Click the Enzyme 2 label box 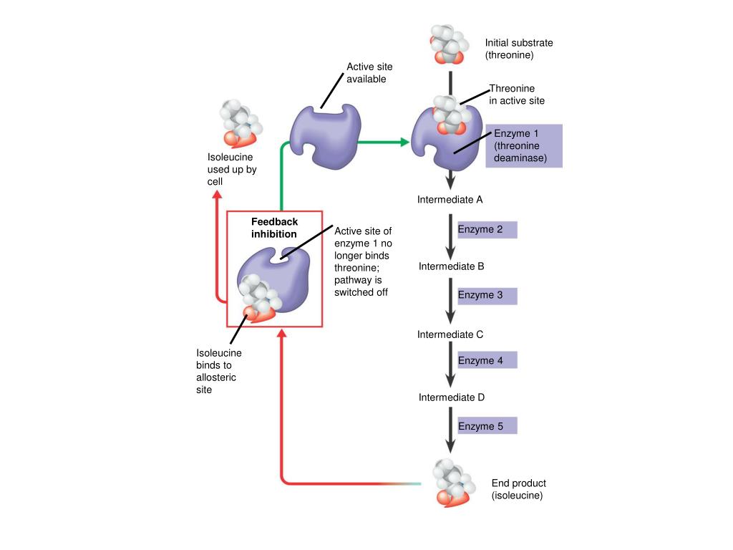pyautogui.click(x=487, y=230)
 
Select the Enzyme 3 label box pyautogui.click(x=487, y=295)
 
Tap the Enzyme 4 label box pyautogui.click(x=487, y=360)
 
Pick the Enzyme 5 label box pyautogui.click(x=487, y=426)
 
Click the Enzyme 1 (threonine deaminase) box pyautogui.click(x=524, y=146)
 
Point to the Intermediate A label pyautogui.click(x=450, y=200)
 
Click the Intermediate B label pyautogui.click(x=452, y=266)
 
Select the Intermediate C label pyautogui.click(x=451, y=334)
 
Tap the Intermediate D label pyautogui.click(x=452, y=397)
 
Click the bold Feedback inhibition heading pyautogui.click(x=274, y=228)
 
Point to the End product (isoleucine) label pyautogui.click(x=518, y=489)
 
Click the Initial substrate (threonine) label pyautogui.click(x=519, y=49)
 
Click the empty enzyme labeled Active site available pyautogui.click(x=324, y=136)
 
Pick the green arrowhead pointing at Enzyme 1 pyautogui.click(x=405, y=142)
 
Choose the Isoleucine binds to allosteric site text pyautogui.click(x=219, y=372)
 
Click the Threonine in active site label pyautogui.click(x=517, y=95)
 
